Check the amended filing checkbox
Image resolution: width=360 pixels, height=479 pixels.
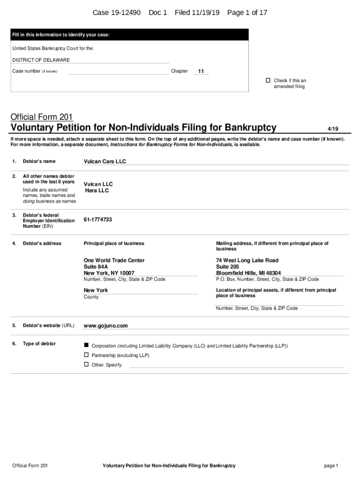(268, 80)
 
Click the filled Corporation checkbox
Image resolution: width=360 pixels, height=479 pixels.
(86, 345)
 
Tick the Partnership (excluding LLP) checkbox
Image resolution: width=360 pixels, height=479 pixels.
(86, 355)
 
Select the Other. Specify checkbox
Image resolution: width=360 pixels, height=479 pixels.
(86, 364)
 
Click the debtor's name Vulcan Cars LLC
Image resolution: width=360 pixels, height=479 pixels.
(105, 161)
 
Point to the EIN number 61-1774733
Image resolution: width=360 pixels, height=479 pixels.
(98, 219)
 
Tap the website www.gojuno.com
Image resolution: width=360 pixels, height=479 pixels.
(106, 326)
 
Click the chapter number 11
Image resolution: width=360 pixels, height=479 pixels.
(201, 71)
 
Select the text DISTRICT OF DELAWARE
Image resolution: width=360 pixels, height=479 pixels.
(41, 60)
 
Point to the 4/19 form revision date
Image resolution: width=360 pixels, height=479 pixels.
(333, 128)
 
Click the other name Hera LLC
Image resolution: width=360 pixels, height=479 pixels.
(97, 190)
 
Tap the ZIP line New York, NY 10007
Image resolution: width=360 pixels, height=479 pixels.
(109, 273)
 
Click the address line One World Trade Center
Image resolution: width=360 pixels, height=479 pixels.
(114, 260)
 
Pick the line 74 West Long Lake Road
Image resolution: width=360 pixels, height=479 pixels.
(247, 260)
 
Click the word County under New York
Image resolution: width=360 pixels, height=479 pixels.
(91, 297)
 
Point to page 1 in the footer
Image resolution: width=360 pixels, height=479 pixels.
(331, 465)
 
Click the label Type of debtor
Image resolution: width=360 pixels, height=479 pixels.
(39, 344)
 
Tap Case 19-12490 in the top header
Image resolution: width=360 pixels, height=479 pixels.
(116, 13)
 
